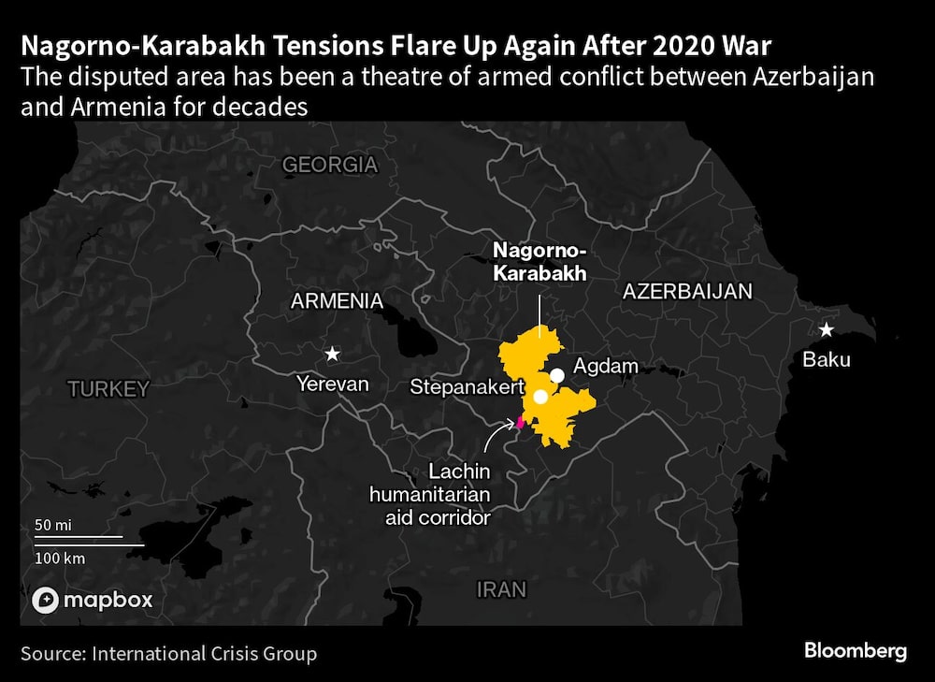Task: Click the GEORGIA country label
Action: pyautogui.click(x=330, y=166)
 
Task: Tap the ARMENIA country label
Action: pyautogui.click(x=337, y=301)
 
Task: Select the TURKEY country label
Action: pyautogui.click(x=108, y=389)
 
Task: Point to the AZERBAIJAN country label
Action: pyautogui.click(x=687, y=292)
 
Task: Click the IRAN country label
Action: pyautogui.click(x=501, y=589)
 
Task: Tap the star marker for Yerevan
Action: pyautogui.click(x=332, y=354)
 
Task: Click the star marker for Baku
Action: pyautogui.click(x=827, y=329)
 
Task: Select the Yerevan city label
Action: pyautogui.click(x=332, y=384)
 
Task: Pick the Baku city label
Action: pyautogui.click(x=827, y=359)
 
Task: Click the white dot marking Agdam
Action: pyautogui.click(x=557, y=375)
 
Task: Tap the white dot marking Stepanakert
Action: pyautogui.click(x=540, y=397)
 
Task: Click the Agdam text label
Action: pyautogui.click(x=605, y=366)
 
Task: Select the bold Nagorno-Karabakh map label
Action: pyautogui.click(x=539, y=262)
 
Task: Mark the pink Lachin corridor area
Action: pyautogui.click(x=519, y=422)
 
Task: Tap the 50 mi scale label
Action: pyautogui.click(x=53, y=525)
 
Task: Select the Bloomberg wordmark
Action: pyautogui.click(x=855, y=651)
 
